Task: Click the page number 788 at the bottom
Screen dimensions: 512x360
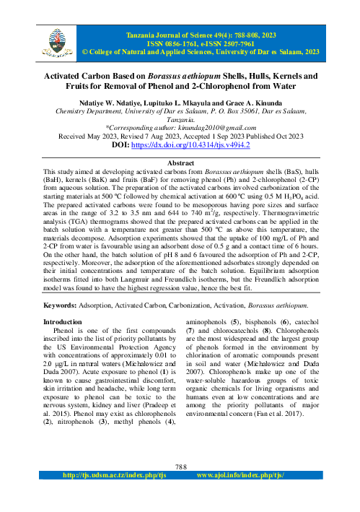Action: click(x=180, y=466)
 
